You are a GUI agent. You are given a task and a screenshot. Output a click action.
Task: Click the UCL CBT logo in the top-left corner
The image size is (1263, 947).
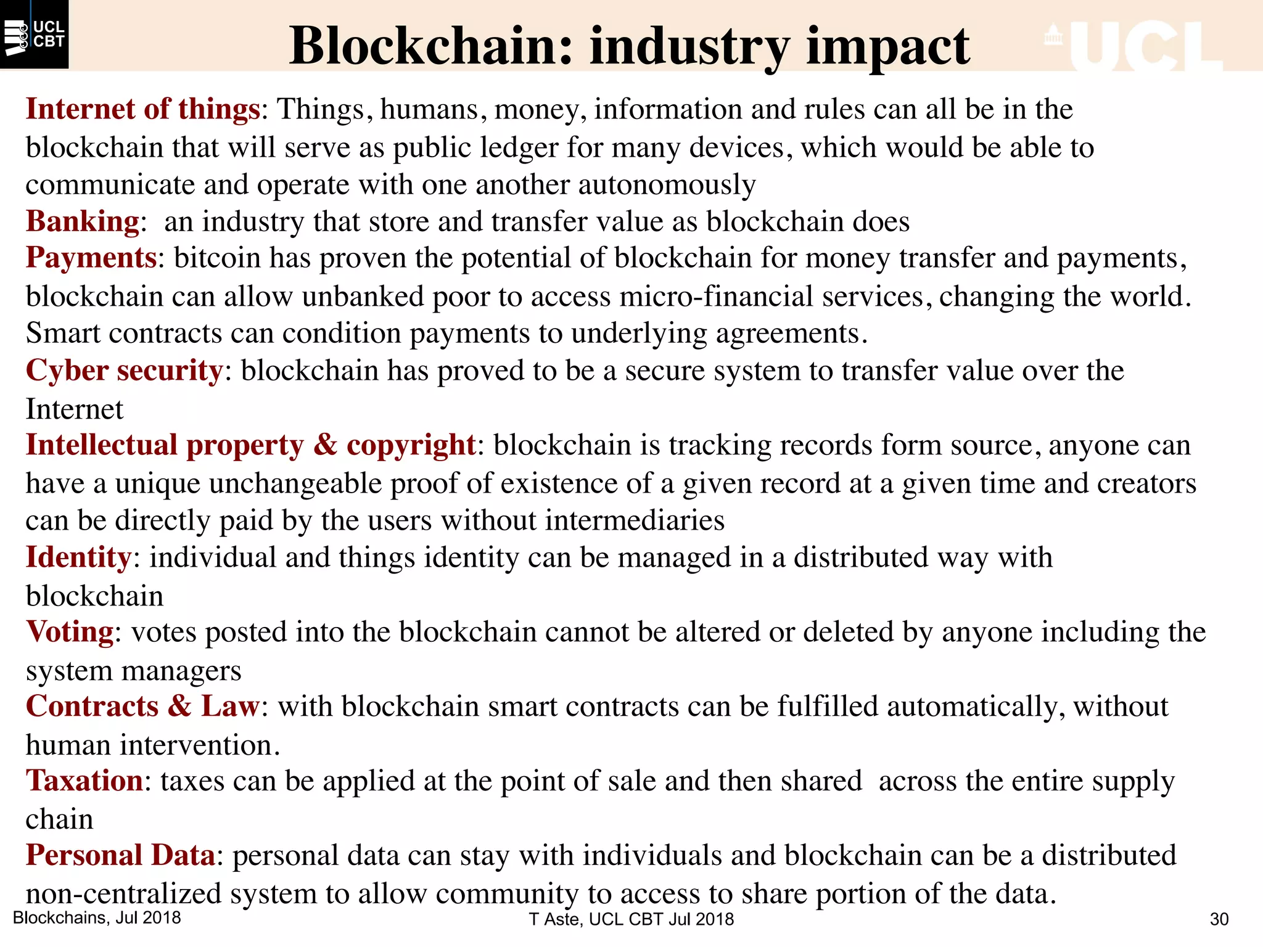(x=34, y=35)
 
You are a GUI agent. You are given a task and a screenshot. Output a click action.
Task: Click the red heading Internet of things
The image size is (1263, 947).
(x=142, y=109)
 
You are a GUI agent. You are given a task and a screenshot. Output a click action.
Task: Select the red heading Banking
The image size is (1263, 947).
(x=83, y=221)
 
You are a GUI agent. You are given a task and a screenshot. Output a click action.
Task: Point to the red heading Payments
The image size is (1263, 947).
(x=91, y=258)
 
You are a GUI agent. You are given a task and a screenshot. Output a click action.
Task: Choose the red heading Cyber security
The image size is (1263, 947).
(x=124, y=371)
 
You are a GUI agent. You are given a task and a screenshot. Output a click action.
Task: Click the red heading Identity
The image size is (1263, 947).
(x=78, y=557)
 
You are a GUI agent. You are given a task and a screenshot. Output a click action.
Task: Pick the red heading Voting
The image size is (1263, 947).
(x=70, y=632)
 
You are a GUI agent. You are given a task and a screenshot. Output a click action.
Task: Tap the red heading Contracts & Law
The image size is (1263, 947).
(x=142, y=707)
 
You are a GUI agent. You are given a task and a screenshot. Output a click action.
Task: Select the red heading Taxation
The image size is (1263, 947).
(x=84, y=781)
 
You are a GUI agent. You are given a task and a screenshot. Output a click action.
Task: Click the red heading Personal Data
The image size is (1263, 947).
(x=120, y=856)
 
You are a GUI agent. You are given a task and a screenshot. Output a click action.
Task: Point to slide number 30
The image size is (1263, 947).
(x=1219, y=919)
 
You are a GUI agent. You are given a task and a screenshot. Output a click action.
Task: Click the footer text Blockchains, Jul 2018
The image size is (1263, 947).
(x=97, y=917)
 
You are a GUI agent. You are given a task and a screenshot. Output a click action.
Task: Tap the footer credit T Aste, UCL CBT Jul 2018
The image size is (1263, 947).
(x=631, y=919)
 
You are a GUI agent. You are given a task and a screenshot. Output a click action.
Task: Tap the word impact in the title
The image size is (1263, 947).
(x=887, y=47)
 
